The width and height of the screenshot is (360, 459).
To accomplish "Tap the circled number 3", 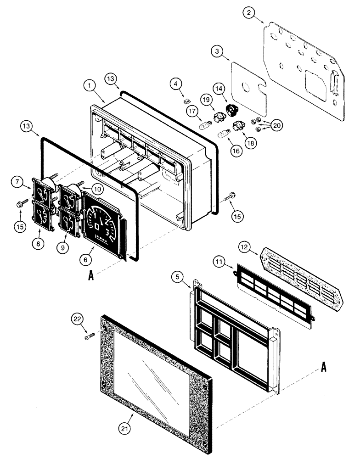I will click(219, 51).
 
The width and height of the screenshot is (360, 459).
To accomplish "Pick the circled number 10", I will click(96, 188).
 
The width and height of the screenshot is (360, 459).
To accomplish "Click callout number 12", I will click(245, 247).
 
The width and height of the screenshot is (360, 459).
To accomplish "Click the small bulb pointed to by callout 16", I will click(224, 134).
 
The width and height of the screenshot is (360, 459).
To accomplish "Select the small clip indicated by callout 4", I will click(186, 100).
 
